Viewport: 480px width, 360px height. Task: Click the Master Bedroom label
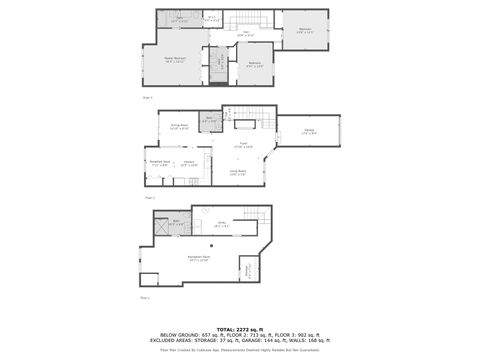(176, 60)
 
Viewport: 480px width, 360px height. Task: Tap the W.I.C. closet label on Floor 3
(211, 18)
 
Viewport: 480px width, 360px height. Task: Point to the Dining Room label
(179, 126)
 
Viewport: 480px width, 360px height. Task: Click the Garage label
(310, 133)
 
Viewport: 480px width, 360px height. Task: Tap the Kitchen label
(188, 162)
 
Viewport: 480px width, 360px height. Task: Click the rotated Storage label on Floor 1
(247, 269)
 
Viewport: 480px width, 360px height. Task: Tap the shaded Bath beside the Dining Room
(210, 121)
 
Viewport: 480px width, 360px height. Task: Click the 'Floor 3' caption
(148, 97)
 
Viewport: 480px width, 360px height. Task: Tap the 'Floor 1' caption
(145, 298)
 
